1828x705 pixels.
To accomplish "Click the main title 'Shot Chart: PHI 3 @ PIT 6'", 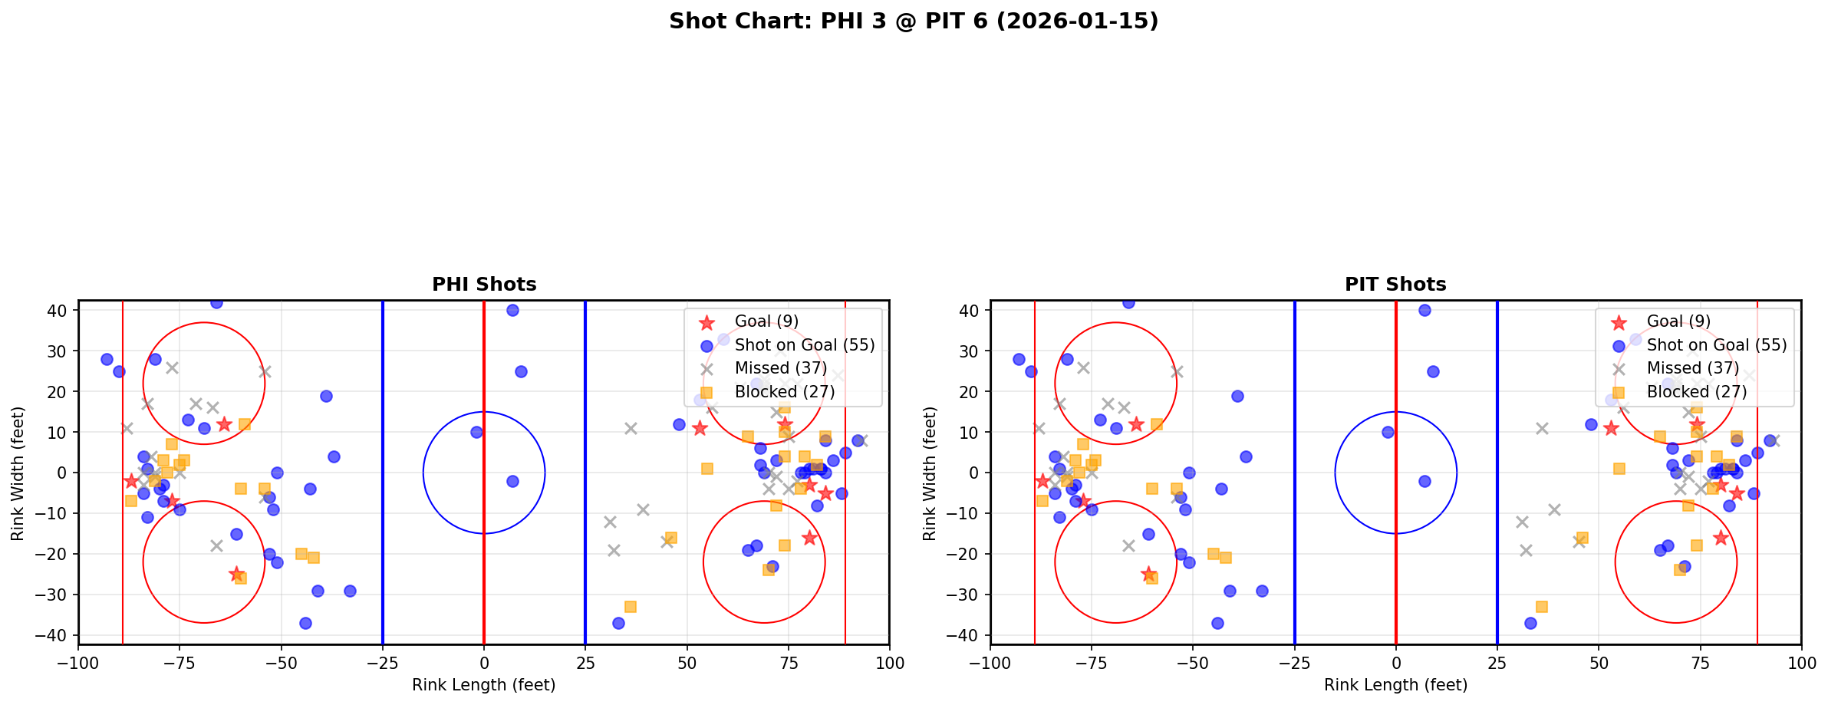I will [x=913, y=21].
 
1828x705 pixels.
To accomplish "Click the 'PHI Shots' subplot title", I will [x=484, y=285].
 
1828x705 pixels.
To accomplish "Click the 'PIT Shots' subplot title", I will [x=1395, y=285].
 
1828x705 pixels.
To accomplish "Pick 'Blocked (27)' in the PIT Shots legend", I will [x=1697, y=392].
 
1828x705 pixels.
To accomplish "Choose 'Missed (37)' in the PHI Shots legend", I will [x=780, y=368].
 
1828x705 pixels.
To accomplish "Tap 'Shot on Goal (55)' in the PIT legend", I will [x=1717, y=345].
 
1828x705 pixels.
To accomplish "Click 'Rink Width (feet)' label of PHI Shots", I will [x=18, y=473].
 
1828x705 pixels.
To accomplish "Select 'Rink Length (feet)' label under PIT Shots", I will [x=1395, y=685].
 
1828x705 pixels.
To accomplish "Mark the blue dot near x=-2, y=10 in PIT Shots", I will [x=1388, y=432].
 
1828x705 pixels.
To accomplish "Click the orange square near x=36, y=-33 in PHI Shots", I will [x=630, y=607].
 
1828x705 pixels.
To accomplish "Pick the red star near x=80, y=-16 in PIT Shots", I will [x=1721, y=538].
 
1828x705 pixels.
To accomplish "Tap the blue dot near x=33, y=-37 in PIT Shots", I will [x=1530, y=623].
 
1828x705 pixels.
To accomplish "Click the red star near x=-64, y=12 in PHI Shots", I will [x=224, y=424].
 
